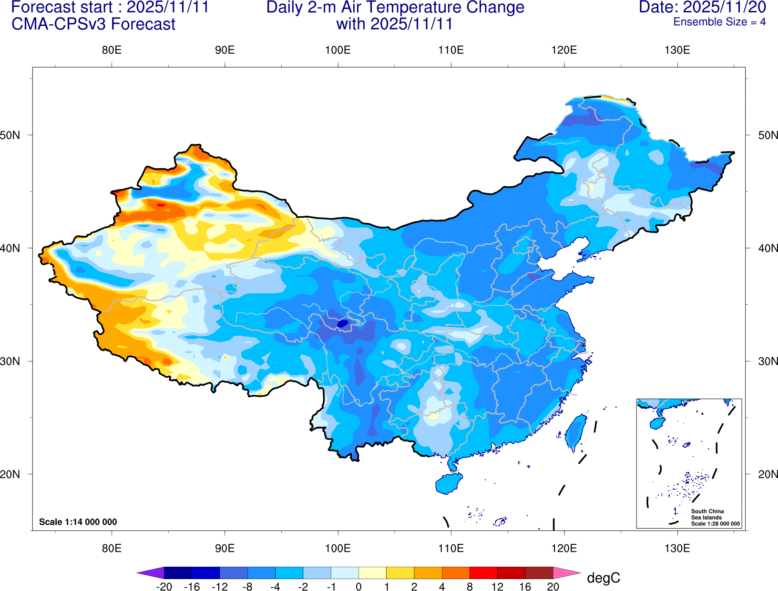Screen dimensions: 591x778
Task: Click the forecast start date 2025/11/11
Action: [167, 7]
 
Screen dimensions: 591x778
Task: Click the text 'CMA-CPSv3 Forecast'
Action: [93, 24]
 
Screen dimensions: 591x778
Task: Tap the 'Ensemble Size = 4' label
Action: [719, 22]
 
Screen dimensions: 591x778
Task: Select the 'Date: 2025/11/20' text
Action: [702, 7]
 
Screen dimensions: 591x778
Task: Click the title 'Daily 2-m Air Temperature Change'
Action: [395, 7]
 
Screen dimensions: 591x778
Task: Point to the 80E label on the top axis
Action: [112, 50]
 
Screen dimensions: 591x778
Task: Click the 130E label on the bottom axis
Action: [677, 548]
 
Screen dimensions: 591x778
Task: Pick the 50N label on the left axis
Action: [10, 135]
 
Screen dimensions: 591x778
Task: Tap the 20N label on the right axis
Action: [768, 474]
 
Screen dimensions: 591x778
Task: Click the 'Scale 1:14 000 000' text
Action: [78, 522]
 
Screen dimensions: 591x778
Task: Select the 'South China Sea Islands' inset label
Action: [707, 514]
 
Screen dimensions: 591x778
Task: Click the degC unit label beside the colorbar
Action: [603, 578]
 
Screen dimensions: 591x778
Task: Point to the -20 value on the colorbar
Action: [164, 587]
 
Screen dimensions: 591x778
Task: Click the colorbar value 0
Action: [358, 587]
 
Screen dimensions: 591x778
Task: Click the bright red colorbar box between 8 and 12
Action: [483, 573]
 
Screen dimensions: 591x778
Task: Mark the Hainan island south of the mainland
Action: [449, 483]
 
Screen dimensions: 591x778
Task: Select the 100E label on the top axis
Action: [338, 50]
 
